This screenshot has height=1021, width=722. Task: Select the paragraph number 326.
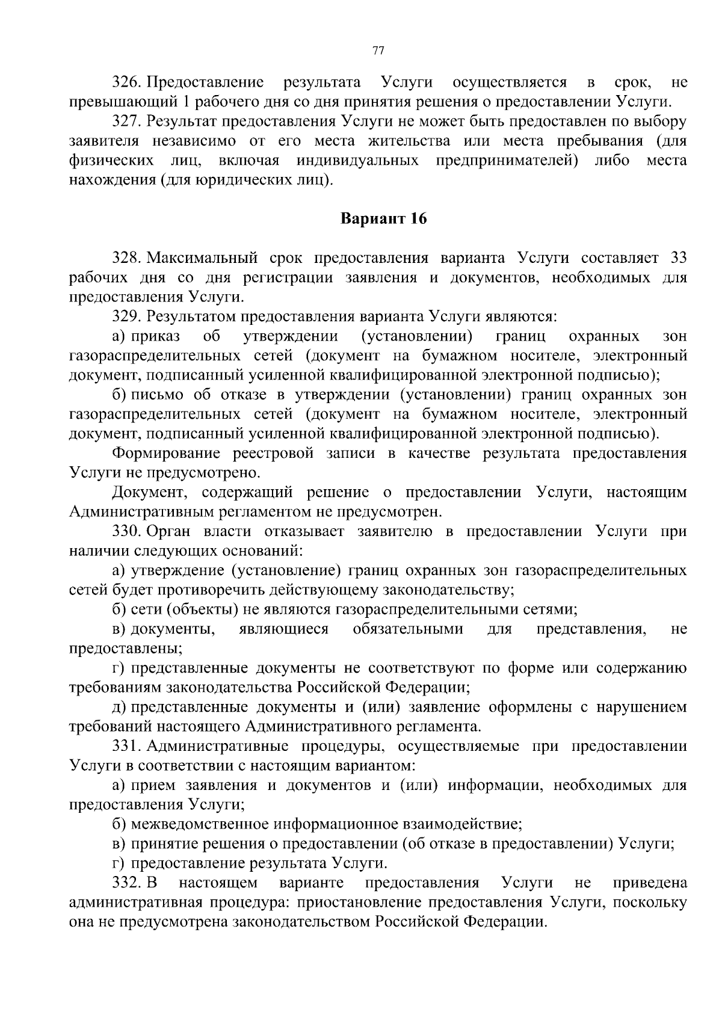coord(127,82)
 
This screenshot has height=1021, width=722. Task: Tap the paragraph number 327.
coord(127,122)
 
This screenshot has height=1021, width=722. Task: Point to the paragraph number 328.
coord(127,259)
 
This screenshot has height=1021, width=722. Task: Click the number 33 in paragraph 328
coord(678,259)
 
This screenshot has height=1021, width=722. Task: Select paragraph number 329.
coord(127,316)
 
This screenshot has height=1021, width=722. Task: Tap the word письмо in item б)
coord(157,395)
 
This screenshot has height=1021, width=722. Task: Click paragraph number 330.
coord(127,531)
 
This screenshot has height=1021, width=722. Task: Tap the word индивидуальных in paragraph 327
coord(357,161)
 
